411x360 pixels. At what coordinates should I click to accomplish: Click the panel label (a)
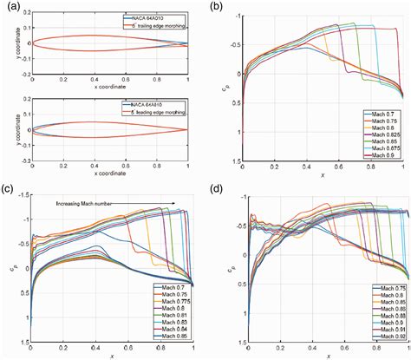point(10,8)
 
